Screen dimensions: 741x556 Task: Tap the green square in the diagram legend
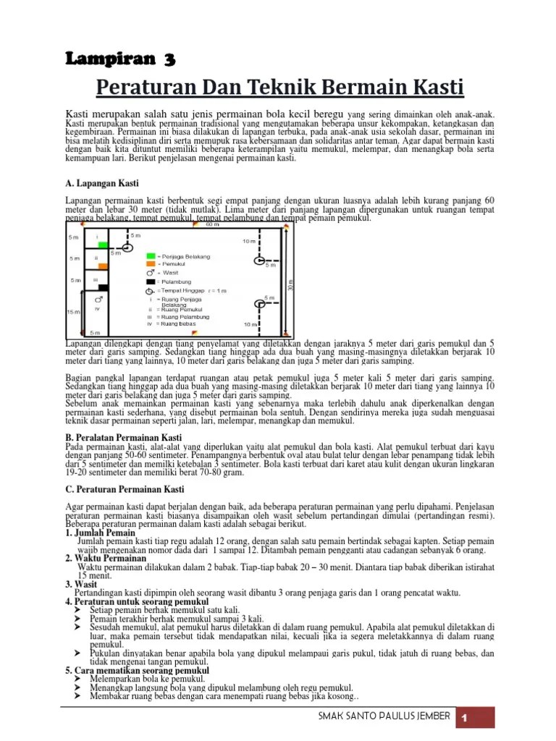[150, 256]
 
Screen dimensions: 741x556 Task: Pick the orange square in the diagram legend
[150, 265]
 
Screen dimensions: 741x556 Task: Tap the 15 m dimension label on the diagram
[73, 312]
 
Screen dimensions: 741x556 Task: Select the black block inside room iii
[103, 287]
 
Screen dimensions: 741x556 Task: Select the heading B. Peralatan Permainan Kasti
[124, 438]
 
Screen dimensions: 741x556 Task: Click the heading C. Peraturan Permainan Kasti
[124, 490]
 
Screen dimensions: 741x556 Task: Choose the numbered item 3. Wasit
[81, 583]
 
